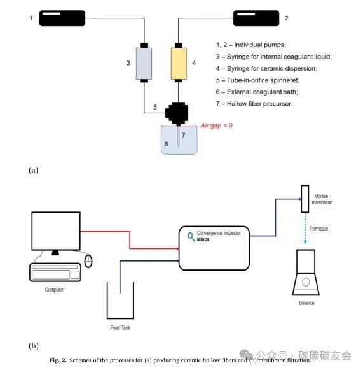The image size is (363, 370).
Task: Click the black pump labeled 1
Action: point(63,18)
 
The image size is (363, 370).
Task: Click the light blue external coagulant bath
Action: point(179,142)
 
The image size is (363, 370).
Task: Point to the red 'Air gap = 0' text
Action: point(217,125)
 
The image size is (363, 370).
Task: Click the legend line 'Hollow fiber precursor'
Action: point(254,104)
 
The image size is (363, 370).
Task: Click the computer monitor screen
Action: point(56,231)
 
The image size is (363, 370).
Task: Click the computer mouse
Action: point(88,260)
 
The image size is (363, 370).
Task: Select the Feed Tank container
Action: point(120,303)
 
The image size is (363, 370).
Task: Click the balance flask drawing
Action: point(306,275)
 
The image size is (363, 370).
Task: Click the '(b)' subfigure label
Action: point(34,346)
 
